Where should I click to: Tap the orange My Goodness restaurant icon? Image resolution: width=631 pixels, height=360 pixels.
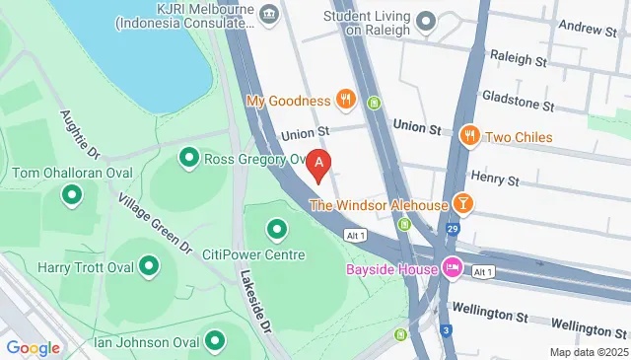coord(345,99)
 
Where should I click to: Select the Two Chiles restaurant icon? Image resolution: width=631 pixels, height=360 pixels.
coord(470,136)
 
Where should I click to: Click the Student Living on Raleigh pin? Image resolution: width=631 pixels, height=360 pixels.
coord(426,21)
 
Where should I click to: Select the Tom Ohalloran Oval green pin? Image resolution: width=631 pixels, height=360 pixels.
coord(71,196)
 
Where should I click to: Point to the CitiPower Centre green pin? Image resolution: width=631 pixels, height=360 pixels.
coord(278,230)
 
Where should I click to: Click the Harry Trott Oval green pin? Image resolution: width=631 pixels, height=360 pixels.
coord(149,266)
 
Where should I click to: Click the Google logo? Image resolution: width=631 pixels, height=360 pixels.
coord(34,347)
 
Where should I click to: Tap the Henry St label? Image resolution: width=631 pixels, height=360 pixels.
coord(496,180)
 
